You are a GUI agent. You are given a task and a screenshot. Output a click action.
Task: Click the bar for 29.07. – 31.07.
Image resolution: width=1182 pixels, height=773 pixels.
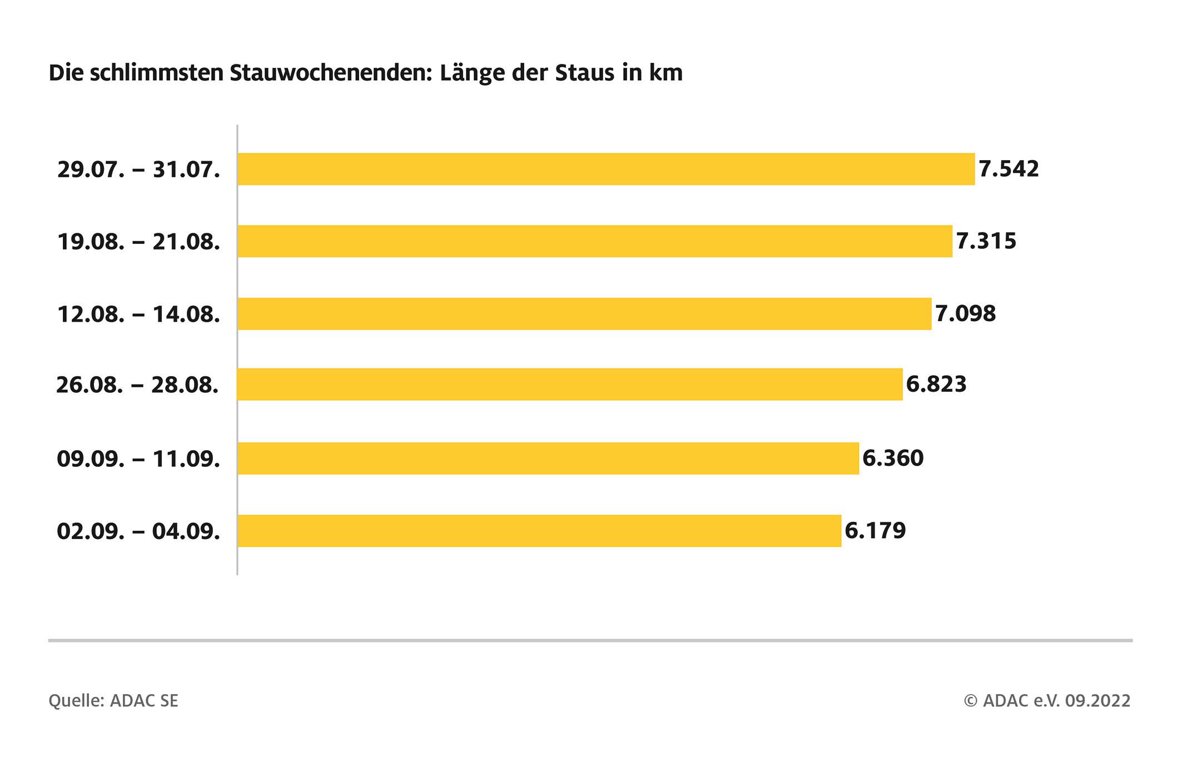coord(606,169)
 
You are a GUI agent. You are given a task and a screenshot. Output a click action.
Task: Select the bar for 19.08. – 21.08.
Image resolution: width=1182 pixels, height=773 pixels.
coord(595,241)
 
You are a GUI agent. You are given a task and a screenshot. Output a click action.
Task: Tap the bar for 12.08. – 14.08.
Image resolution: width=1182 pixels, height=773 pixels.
coord(584,314)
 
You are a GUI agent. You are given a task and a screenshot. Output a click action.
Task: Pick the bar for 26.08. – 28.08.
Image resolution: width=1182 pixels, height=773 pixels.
coord(570,384)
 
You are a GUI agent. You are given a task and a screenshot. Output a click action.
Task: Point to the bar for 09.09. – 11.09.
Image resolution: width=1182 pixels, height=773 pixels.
coord(548,458)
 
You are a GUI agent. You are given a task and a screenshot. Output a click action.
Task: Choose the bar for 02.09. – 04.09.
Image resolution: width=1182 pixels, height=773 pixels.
coord(539,531)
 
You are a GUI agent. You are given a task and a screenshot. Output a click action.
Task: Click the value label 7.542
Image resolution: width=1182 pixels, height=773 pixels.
coord(1009,169)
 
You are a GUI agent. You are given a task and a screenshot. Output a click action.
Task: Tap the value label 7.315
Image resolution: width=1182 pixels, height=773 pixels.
coord(986,241)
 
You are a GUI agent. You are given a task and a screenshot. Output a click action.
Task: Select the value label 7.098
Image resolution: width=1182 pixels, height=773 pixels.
coord(965,314)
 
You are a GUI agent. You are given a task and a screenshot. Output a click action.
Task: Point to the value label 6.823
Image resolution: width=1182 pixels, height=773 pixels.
coord(936,384)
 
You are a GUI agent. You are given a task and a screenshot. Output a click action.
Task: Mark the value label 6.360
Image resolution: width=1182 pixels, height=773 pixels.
coord(893,458)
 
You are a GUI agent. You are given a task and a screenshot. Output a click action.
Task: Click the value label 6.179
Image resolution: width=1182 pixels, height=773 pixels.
coord(875,531)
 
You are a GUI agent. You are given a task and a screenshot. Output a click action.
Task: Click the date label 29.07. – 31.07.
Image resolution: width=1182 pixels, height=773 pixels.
coord(138,169)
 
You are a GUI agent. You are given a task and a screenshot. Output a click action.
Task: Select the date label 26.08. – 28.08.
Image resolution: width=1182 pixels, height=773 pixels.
coord(137,385)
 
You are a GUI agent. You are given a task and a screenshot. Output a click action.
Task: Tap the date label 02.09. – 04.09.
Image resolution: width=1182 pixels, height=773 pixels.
coord(138,531)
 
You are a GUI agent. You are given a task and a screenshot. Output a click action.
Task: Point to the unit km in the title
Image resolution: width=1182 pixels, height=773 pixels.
coord(666,73)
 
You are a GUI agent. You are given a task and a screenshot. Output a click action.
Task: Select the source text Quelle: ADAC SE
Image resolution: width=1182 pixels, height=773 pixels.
coord(113,701)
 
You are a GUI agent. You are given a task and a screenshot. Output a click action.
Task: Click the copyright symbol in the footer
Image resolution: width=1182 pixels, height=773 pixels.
coord(970,701)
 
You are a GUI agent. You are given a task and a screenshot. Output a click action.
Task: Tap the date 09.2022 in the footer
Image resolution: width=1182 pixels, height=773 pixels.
coord(1097,701)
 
